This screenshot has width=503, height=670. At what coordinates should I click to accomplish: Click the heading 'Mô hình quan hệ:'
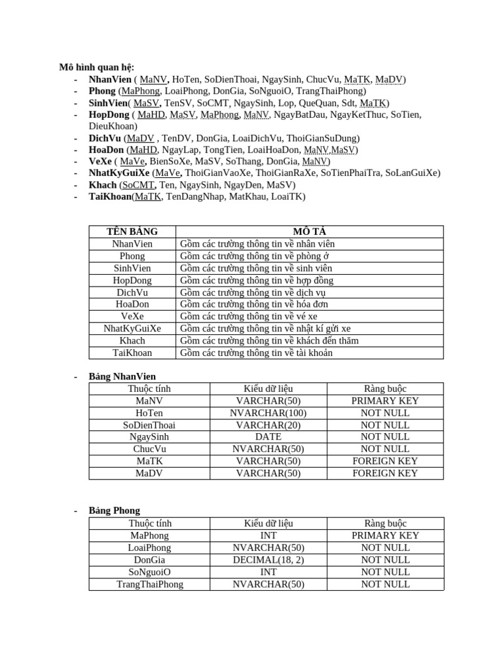96,67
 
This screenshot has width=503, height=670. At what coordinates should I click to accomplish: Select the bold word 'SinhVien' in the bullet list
108,103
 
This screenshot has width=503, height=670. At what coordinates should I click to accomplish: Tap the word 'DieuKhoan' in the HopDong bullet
113,126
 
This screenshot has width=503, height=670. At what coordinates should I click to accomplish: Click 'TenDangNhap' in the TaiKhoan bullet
193,196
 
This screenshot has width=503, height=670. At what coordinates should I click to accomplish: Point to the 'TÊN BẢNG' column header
132,232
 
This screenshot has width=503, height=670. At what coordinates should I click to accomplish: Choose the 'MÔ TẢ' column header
310,232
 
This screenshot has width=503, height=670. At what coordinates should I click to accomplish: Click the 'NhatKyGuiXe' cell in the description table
132,328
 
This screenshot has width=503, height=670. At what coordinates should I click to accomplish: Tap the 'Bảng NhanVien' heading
122,376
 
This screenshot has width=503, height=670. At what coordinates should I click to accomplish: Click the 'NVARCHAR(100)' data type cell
269,413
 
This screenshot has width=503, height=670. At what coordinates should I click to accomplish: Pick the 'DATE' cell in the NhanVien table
269,437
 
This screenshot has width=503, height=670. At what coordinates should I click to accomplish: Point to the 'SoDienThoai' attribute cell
149,425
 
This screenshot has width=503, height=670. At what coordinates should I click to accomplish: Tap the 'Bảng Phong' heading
115,510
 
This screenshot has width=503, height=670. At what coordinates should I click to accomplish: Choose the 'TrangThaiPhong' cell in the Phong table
149,584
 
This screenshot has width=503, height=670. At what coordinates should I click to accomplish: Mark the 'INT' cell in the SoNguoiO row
269,572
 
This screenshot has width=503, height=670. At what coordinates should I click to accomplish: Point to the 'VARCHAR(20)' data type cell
269,425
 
